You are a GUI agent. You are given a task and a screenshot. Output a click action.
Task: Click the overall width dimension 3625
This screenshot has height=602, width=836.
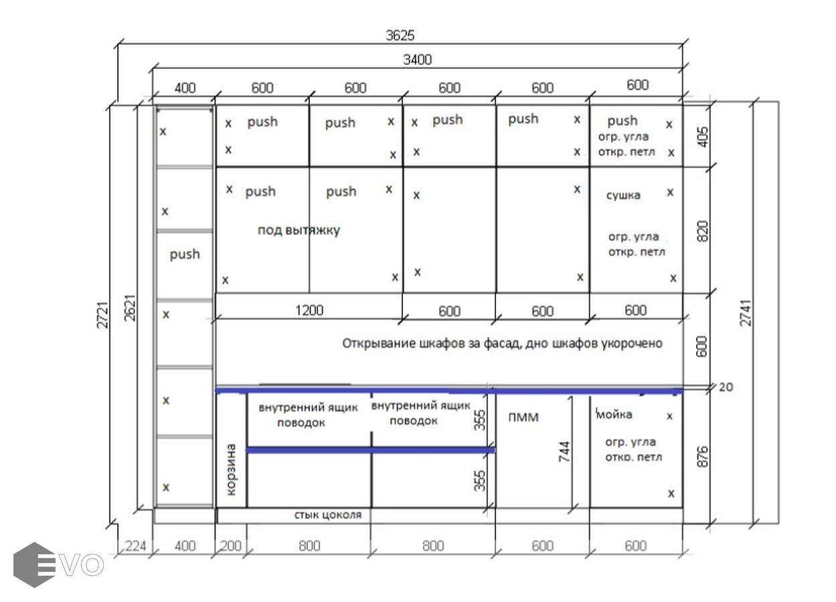(x=400, y=35)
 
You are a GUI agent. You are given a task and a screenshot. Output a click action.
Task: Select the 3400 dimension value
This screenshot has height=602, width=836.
(x=417, y=60)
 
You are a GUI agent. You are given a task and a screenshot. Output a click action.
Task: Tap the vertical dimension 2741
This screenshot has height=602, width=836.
(x=746, y=313)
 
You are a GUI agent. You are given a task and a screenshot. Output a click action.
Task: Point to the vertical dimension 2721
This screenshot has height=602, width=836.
(x=102, y=315)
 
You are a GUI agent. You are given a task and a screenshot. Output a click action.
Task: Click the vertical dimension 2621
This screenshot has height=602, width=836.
(x=129, y=308)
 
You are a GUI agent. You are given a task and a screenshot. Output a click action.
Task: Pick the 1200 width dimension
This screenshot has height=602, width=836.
(x=309, y=310)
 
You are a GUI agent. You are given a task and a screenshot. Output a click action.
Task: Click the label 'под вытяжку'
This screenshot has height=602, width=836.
(x=299, y=230)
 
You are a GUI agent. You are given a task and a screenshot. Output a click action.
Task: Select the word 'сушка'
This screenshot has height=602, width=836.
(x=623, y=195)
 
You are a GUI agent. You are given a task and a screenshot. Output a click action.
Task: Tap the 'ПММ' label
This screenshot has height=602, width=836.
(x=523, y=417)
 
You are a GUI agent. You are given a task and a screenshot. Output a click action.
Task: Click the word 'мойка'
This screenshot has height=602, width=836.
(x=614, y=414)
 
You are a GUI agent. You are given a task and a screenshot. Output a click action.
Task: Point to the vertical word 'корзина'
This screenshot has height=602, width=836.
(x=231, y=469)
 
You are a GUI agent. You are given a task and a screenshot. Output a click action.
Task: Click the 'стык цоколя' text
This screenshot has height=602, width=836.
(x=328, y=515)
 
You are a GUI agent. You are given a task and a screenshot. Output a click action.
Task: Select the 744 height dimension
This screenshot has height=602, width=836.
(x=564, y=451)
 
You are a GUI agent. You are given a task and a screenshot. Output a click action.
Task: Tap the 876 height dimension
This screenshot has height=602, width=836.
(x=702, y=456)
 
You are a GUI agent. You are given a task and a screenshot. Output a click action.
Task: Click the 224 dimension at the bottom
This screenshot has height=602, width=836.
(x=135, y=546)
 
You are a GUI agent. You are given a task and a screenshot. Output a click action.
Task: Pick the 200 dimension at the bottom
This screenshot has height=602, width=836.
(x=230, y=546)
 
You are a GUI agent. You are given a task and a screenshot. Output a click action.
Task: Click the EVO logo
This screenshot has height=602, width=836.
(x=58, y=565)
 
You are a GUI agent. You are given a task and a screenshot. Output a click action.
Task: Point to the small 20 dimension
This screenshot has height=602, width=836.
(x=726, y=387)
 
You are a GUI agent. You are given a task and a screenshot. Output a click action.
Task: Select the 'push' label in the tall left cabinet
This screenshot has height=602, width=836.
(x=184, y=255)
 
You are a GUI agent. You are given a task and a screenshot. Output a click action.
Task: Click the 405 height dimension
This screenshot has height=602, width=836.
(x=702, y=137)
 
